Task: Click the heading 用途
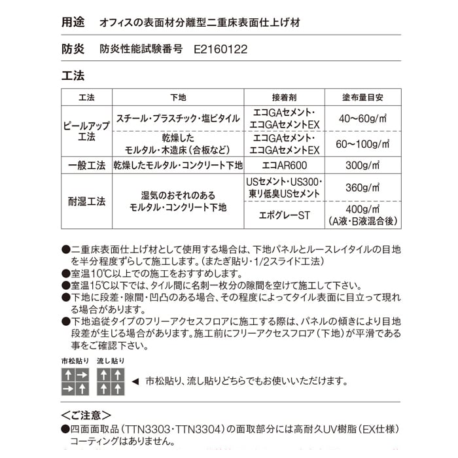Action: [73, 22]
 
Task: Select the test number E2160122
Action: [221, 49]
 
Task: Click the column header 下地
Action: [178, 97]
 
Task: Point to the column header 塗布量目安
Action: [362, 97]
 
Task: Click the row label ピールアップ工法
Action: [86, 131]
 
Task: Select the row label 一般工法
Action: [86, 166]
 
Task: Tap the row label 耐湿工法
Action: [86, 202]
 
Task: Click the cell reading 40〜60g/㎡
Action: [362, 118]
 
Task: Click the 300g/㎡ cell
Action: [362, 166]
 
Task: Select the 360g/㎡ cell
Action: [362, 188]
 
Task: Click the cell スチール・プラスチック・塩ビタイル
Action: [178, 118]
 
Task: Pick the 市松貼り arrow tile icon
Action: [75, 381]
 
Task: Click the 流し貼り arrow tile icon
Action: [110, 381]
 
